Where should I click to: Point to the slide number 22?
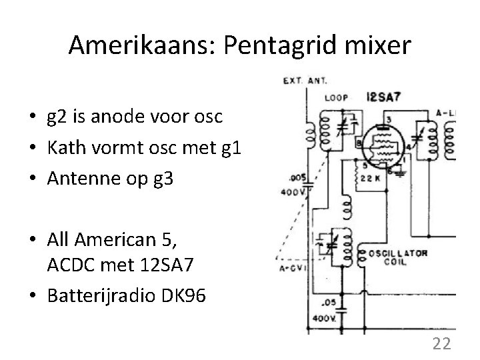(441, 343)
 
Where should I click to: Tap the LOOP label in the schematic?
(337, 97)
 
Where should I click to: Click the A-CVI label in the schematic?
(292, 270)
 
